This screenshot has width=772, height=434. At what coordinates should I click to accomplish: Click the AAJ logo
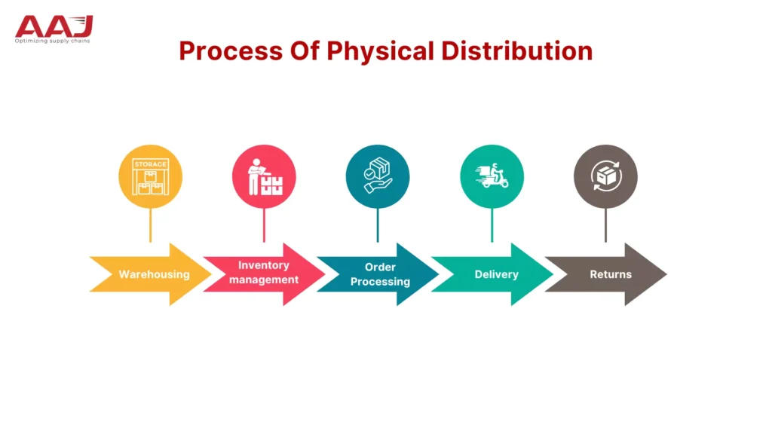point(54,25)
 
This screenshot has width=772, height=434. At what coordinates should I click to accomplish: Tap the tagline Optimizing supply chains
point(52,41)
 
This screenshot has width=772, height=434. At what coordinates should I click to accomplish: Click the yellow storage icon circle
point(150,176)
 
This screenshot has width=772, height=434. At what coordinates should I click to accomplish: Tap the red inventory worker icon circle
point(264,176)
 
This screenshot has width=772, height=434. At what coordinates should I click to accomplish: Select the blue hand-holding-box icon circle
point(378,176)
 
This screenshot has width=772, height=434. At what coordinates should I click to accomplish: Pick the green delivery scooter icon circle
point(492,176)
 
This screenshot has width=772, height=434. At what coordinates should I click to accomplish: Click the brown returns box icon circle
point(605,176)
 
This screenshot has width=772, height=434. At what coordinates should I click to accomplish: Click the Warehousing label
point(154,274)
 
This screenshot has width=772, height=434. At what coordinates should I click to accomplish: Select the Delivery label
point(496,274)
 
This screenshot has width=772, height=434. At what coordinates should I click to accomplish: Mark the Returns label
point(611,274)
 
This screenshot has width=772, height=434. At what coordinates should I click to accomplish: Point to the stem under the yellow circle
point(150,225)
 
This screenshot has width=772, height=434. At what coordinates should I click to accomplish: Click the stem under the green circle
point(492,225)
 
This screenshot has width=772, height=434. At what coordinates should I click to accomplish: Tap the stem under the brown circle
point(605,225)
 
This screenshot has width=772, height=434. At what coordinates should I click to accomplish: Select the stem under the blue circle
point(378,225)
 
